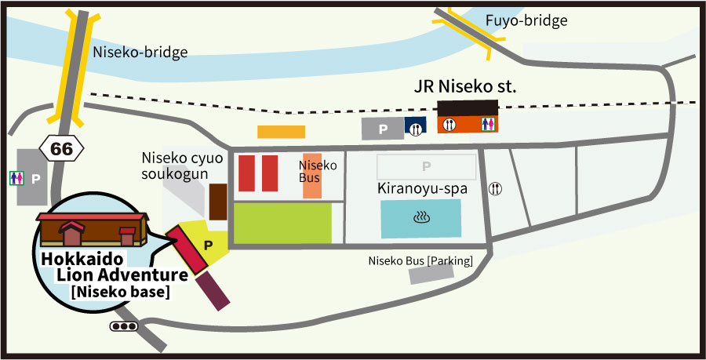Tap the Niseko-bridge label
140,53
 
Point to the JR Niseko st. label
465,86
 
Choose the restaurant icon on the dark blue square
415,128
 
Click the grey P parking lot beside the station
382,129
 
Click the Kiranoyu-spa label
422,190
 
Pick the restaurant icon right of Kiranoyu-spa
495,189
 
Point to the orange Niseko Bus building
312,176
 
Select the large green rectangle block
283,223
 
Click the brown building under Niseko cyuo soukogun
217,202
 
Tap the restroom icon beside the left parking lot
16,178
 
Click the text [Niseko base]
121,293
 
